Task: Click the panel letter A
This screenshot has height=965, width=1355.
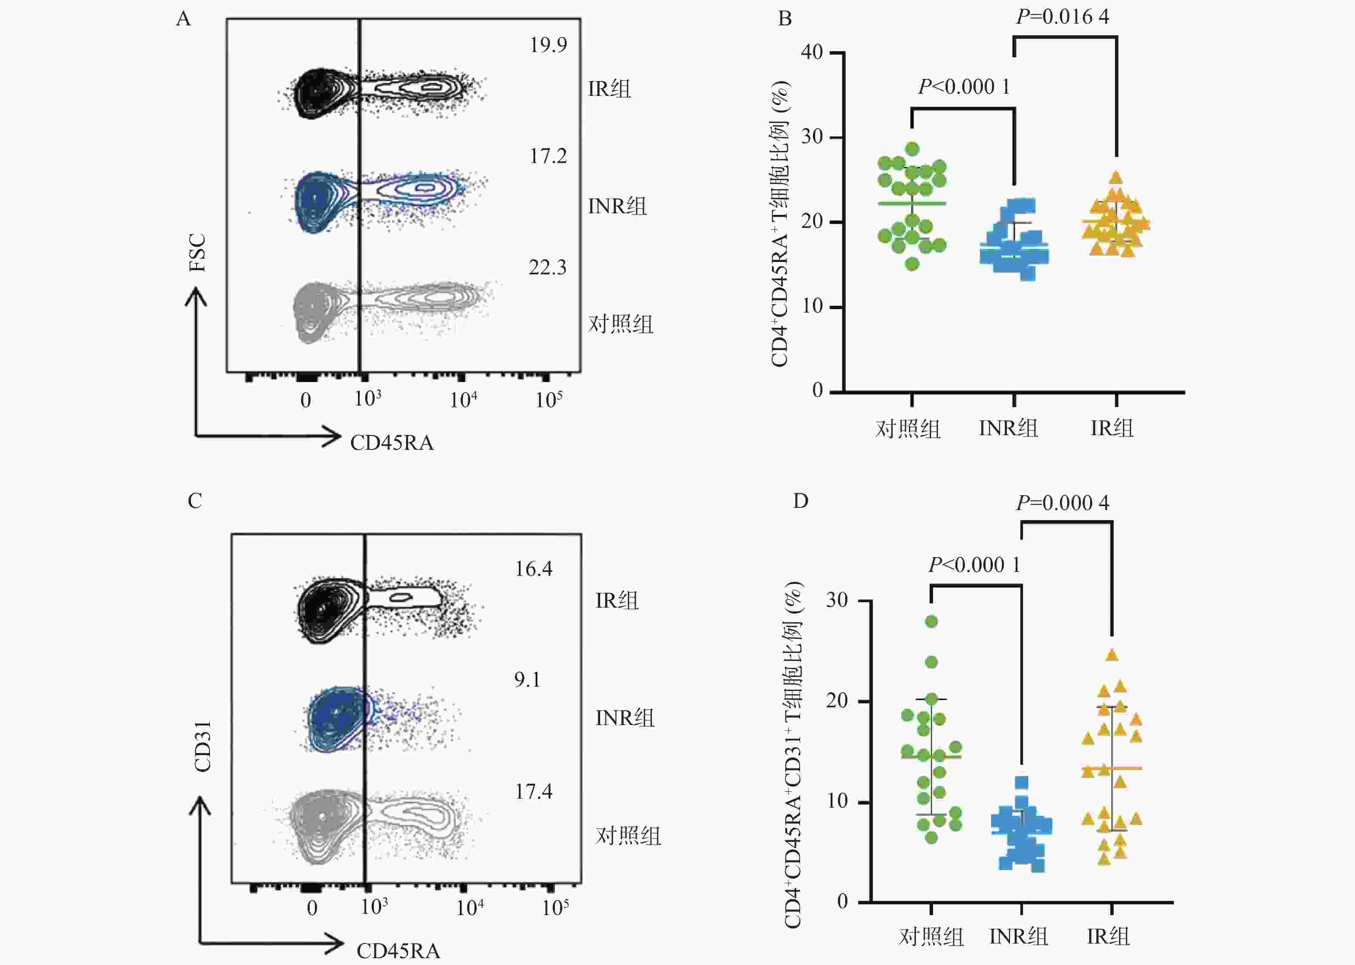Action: (184, 20)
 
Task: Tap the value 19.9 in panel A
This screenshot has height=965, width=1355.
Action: (548, 45)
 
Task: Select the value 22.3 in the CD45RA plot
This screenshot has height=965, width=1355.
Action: (547, 268)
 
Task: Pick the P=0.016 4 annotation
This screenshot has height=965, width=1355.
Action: (1062, 17)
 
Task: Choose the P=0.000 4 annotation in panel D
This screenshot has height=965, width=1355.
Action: (1062, 503)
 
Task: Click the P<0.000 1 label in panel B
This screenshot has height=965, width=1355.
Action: (964, 87)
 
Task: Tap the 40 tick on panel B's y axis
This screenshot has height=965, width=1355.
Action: (812, 52)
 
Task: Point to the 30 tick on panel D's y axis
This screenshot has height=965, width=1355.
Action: (837, 600)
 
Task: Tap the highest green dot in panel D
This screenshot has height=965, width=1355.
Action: (931, 621)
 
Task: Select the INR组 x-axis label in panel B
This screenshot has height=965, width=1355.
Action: (1008, 428)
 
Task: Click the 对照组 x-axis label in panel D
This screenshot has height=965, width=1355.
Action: (931, 937)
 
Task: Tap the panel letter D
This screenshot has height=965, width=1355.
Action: (801, 501)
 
